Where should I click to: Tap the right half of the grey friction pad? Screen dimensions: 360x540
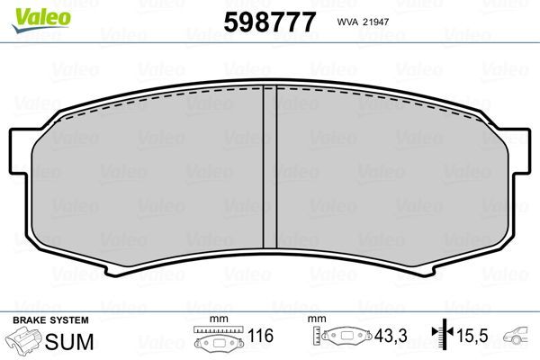[x=387, y=180]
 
